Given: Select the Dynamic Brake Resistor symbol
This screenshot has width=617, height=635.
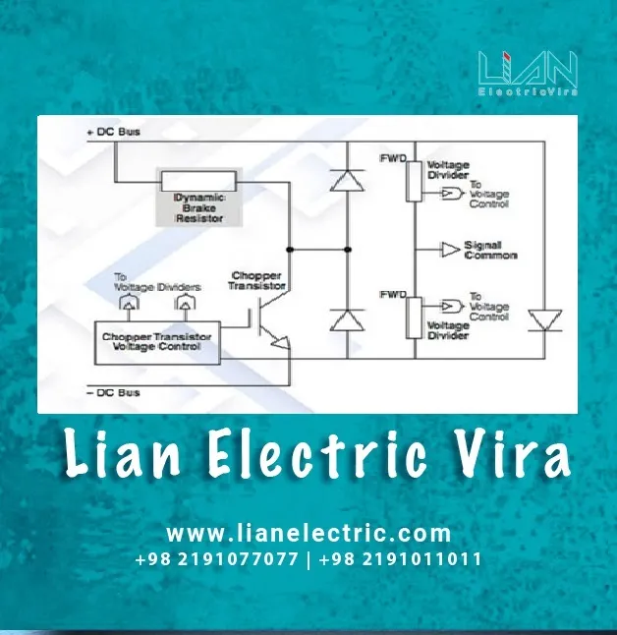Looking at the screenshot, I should click(x=198, y=180).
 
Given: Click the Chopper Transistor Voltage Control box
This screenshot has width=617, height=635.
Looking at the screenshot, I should click(x=157, y=338).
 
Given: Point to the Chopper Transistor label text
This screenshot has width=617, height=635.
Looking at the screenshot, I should click(x=256, y=279).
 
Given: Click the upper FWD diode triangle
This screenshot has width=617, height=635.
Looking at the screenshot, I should click(x=345, y=179).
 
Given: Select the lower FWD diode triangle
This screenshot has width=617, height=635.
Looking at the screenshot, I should click(x=345, y=319).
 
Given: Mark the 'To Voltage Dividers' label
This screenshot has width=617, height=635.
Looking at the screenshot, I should click(x=156, y=281).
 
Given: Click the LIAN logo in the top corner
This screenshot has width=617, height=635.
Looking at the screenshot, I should click(x=528, y=75).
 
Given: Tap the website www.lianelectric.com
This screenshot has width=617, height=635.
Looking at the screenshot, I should click(x=308, y=534).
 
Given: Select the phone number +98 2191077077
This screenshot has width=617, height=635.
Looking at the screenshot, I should click(x=217, y=559).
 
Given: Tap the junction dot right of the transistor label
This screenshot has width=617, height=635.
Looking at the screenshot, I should click(x=291, y=248).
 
